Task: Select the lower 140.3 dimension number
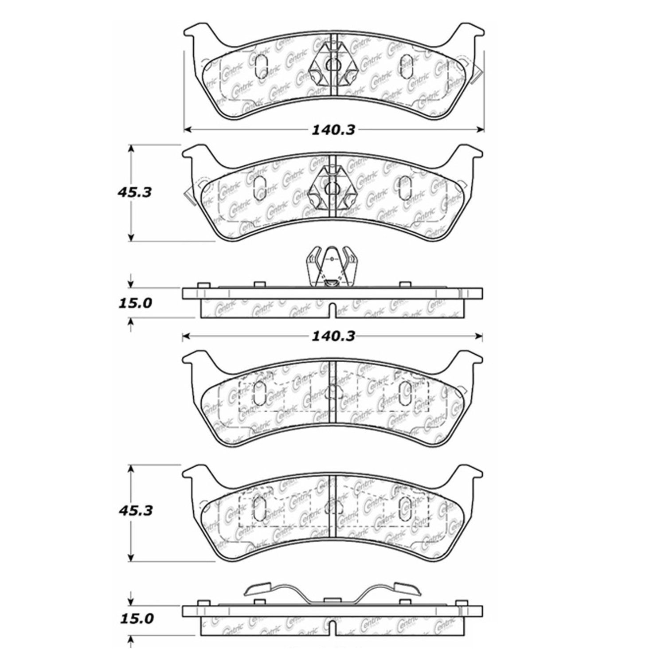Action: tap(333, 336)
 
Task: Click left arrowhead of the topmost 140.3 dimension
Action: tap(187, 129)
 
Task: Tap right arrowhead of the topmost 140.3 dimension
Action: tap(480, 129)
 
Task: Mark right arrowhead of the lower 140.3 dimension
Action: tap(479, 336)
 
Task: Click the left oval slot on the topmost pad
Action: tap(262, 65)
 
